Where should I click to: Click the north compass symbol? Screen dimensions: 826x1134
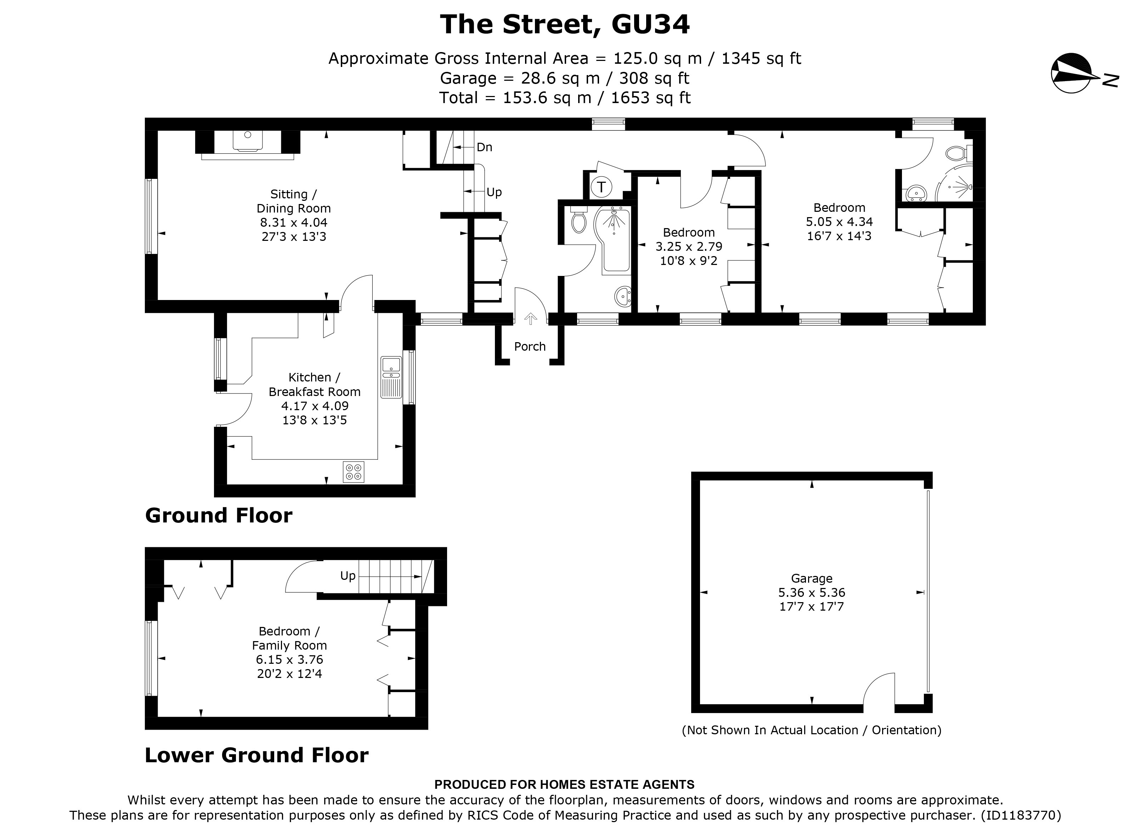pyautogui.click(x=1072, y=80)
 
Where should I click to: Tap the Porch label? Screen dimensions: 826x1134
pyautogui.click(x=530, y=346)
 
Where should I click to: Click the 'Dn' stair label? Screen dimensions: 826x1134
pyautogui.click(x=484, y=147)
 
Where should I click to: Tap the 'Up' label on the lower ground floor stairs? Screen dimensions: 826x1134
pyautogui.click(x=348, y=576)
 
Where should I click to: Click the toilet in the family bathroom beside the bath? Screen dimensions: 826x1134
pyautogui.click(x=579, y=221)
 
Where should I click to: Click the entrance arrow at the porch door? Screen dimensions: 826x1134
pyautogui.click(x=530, y=318)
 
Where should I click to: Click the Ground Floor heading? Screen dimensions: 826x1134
pyautogui.click(x=219, y=515)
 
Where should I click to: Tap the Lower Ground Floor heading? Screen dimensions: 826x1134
pyautogui.click(x=256, y=755)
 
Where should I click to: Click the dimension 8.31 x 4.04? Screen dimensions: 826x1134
pyautogui.click(x=293, y=222)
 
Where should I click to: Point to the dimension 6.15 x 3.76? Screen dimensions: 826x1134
pyautogui.click(x=289, y=660)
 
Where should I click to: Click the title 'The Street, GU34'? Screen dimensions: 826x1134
pyautogui.click(x=565, y=24)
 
